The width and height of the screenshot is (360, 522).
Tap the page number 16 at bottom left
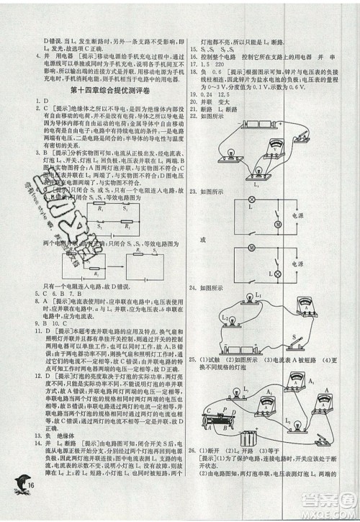coord(30,503)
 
